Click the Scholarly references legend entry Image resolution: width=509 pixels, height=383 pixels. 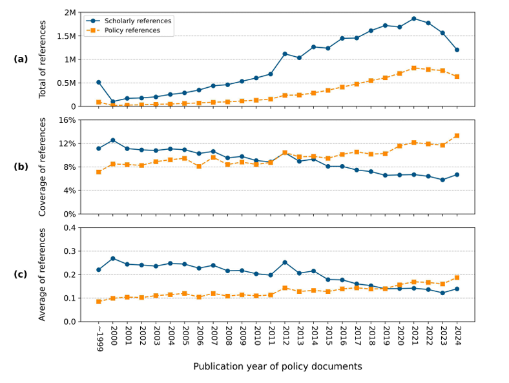(138, 21)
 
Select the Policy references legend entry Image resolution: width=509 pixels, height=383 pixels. (134, 31)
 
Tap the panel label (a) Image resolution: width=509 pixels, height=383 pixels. (21, 59)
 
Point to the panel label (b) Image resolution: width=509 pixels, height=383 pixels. (21, 167)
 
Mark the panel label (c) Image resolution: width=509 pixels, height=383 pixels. (21, 274)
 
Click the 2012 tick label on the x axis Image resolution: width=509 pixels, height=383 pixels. (285, 335)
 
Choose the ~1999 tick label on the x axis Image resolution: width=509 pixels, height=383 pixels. (98, 336)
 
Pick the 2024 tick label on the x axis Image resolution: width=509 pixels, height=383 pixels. (457, 335)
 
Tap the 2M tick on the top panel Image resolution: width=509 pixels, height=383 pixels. (70, 13)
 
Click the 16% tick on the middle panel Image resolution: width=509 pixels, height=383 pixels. (68, 120)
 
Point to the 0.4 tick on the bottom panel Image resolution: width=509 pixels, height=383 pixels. (70, 228)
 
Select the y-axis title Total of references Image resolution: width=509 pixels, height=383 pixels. (43, 59)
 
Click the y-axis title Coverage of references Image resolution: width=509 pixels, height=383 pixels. (43, 167)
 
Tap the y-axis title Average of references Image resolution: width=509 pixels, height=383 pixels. (43, 274)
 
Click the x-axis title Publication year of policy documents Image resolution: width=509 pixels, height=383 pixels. (277, 367)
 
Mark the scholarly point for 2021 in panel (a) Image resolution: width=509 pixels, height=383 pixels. (414, 19)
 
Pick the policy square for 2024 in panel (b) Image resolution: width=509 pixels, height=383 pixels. (457, 136)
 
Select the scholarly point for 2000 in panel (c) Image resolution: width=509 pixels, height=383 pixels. (113, 258)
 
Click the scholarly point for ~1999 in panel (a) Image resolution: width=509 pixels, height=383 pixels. (98, 82)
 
